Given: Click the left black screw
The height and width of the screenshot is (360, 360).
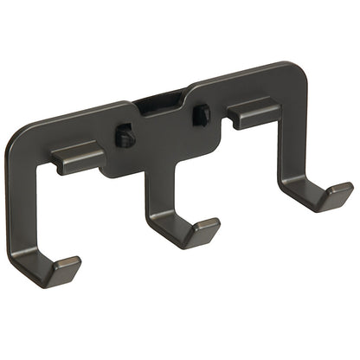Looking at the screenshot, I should [x=125, y=137].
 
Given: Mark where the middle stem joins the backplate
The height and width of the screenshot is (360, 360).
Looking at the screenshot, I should [x=156, y=169].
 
